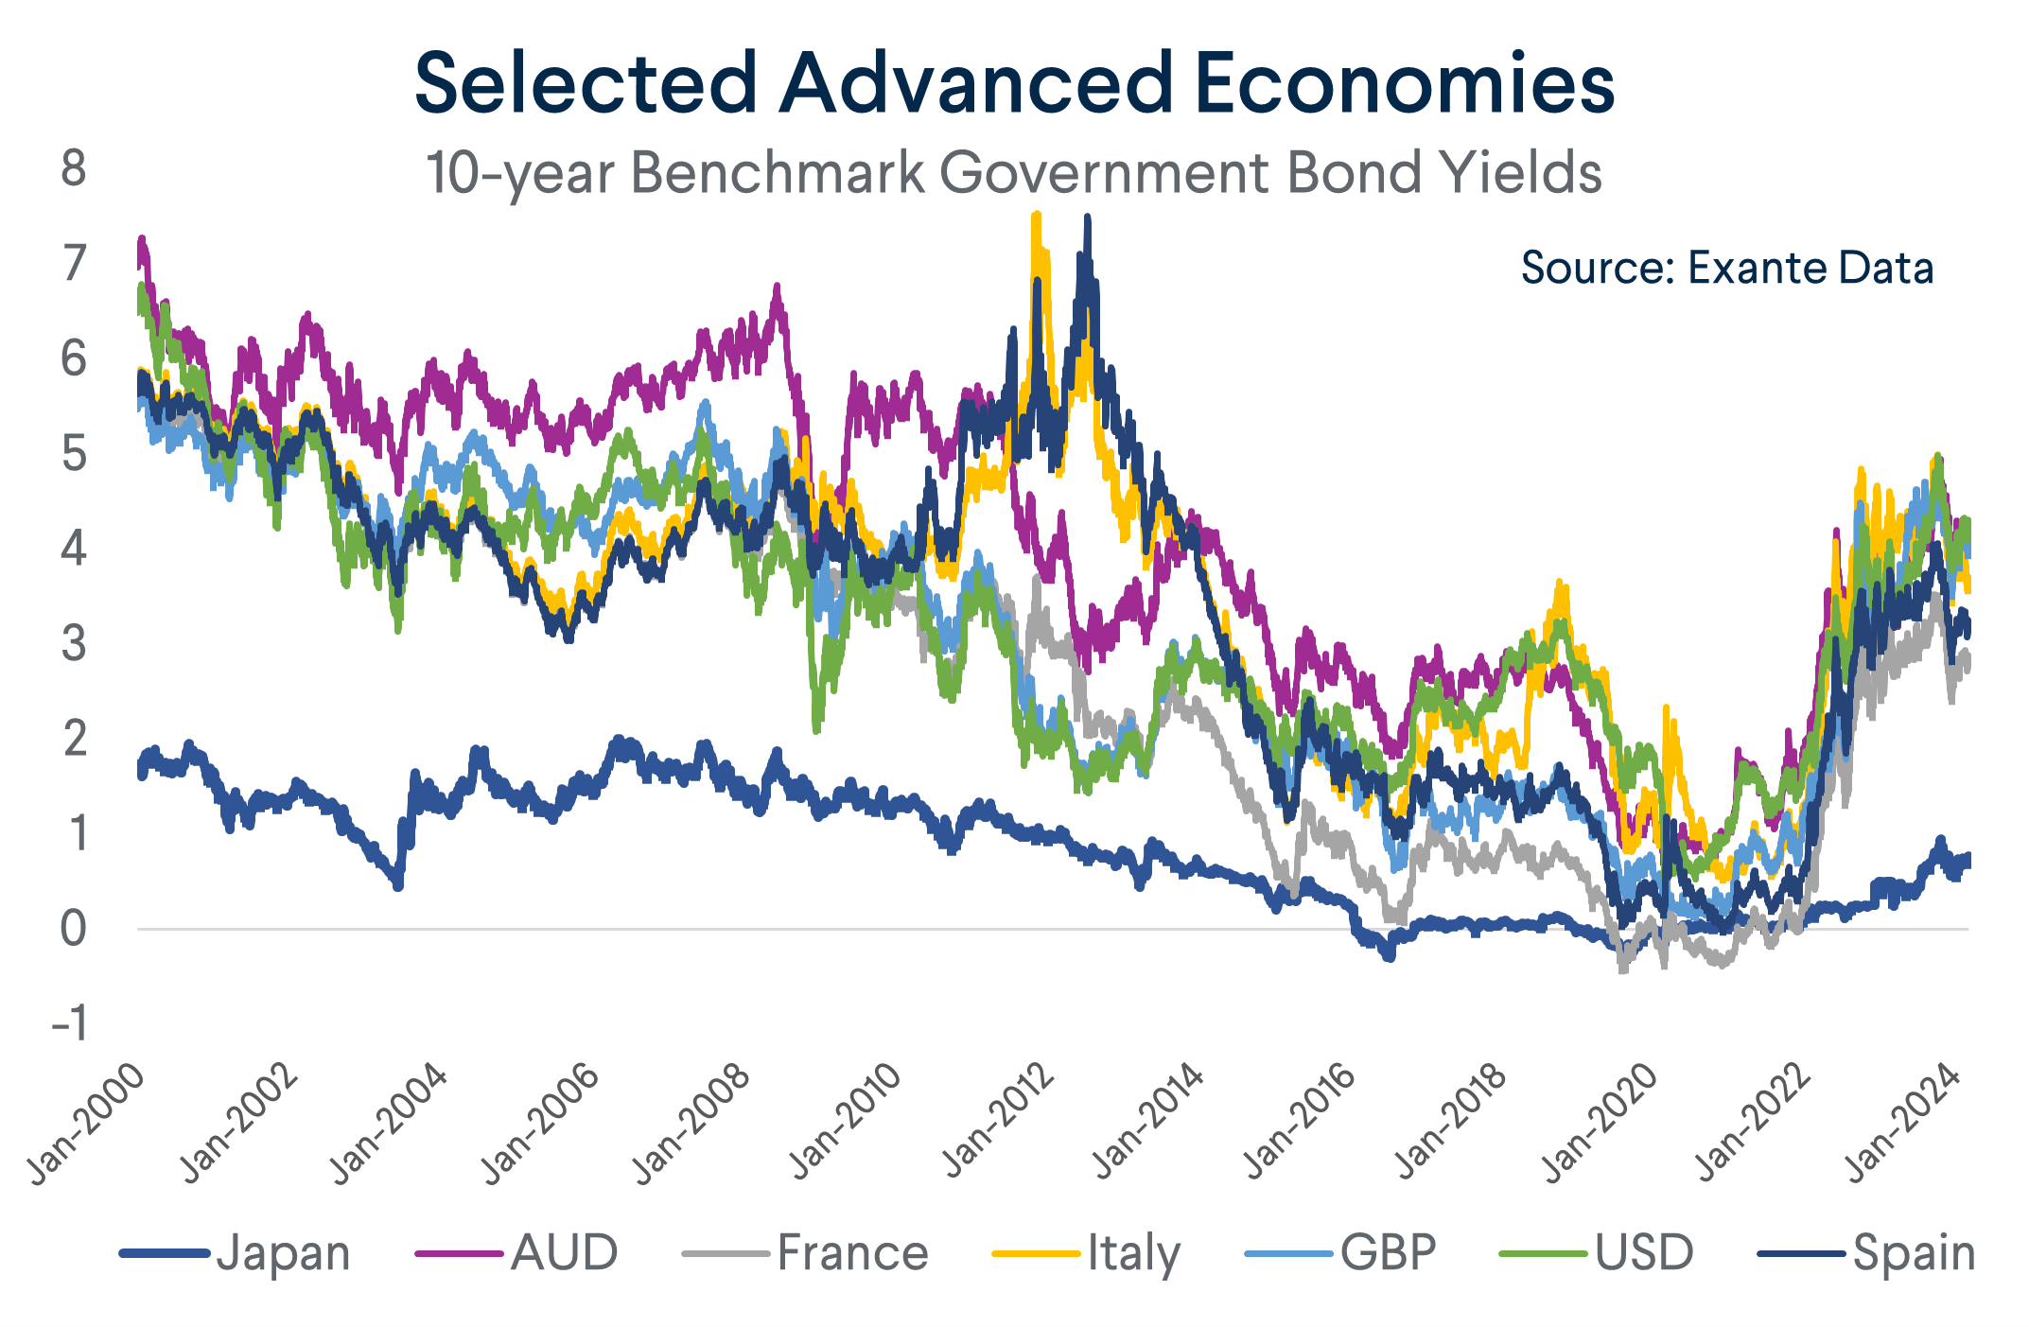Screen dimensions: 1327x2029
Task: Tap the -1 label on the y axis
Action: tap(68, 1023)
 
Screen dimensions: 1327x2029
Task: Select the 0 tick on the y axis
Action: tap(73, 929)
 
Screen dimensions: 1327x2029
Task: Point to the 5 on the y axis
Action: tap(73, 454)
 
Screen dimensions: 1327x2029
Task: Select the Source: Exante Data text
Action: tap(1726, 268)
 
